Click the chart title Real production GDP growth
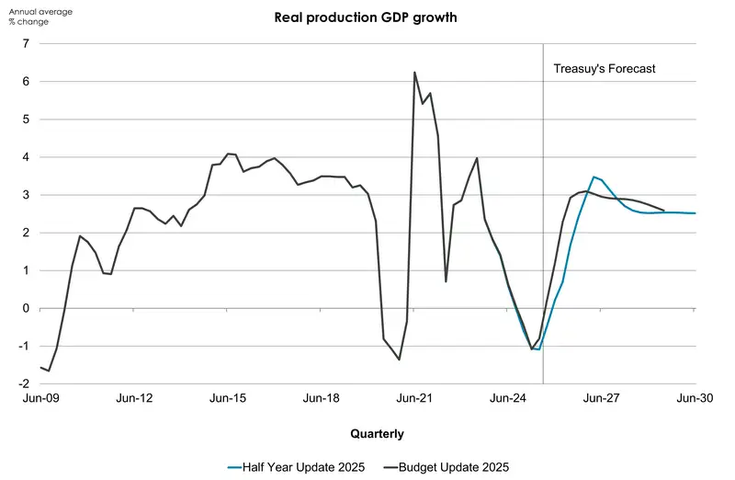point(367,17)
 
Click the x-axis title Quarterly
point(376,433)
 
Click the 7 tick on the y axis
point(27,43)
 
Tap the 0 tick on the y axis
point(27,308)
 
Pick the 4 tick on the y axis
point(27,157)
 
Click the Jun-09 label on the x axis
point(40,399)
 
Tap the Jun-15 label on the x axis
point(228,399)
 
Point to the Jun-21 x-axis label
point(414,399)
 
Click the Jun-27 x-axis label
point(602,399)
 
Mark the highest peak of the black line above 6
point(414,72)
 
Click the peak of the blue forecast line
point(594,177)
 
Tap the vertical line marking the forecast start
point(543,230)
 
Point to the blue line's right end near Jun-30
point(695,213)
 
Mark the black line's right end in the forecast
point(663,211)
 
